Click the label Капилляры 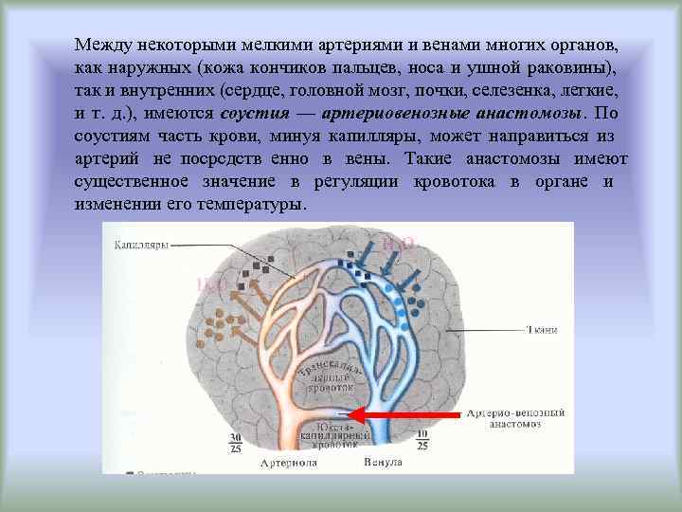coord(141,244)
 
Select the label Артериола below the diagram coord(290,463)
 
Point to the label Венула coord(383,463)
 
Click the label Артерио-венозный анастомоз coord(516,419)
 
